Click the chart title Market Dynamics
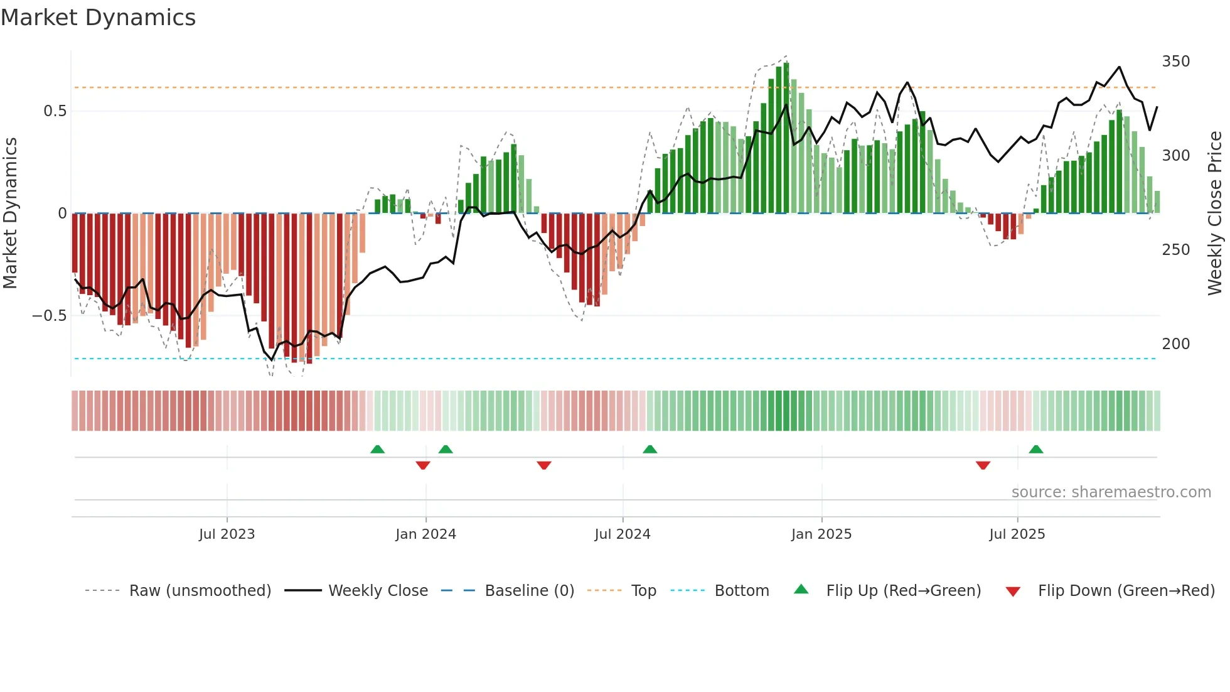[99, 18]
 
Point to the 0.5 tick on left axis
[55, 111]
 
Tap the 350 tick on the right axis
[1175, 62]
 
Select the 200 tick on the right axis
[1175, 344]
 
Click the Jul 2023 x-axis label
[227, 534]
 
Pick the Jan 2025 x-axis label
[821, 534]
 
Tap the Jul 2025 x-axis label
[1017, 534]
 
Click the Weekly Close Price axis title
[1215, 214]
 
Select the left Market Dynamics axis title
[10, 214]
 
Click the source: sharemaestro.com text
[1111, 492]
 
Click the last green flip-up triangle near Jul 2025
[1036, 450]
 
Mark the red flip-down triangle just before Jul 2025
[983, 465]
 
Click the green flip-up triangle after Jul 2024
[650, 450]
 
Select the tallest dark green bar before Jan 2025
[786, 138]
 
